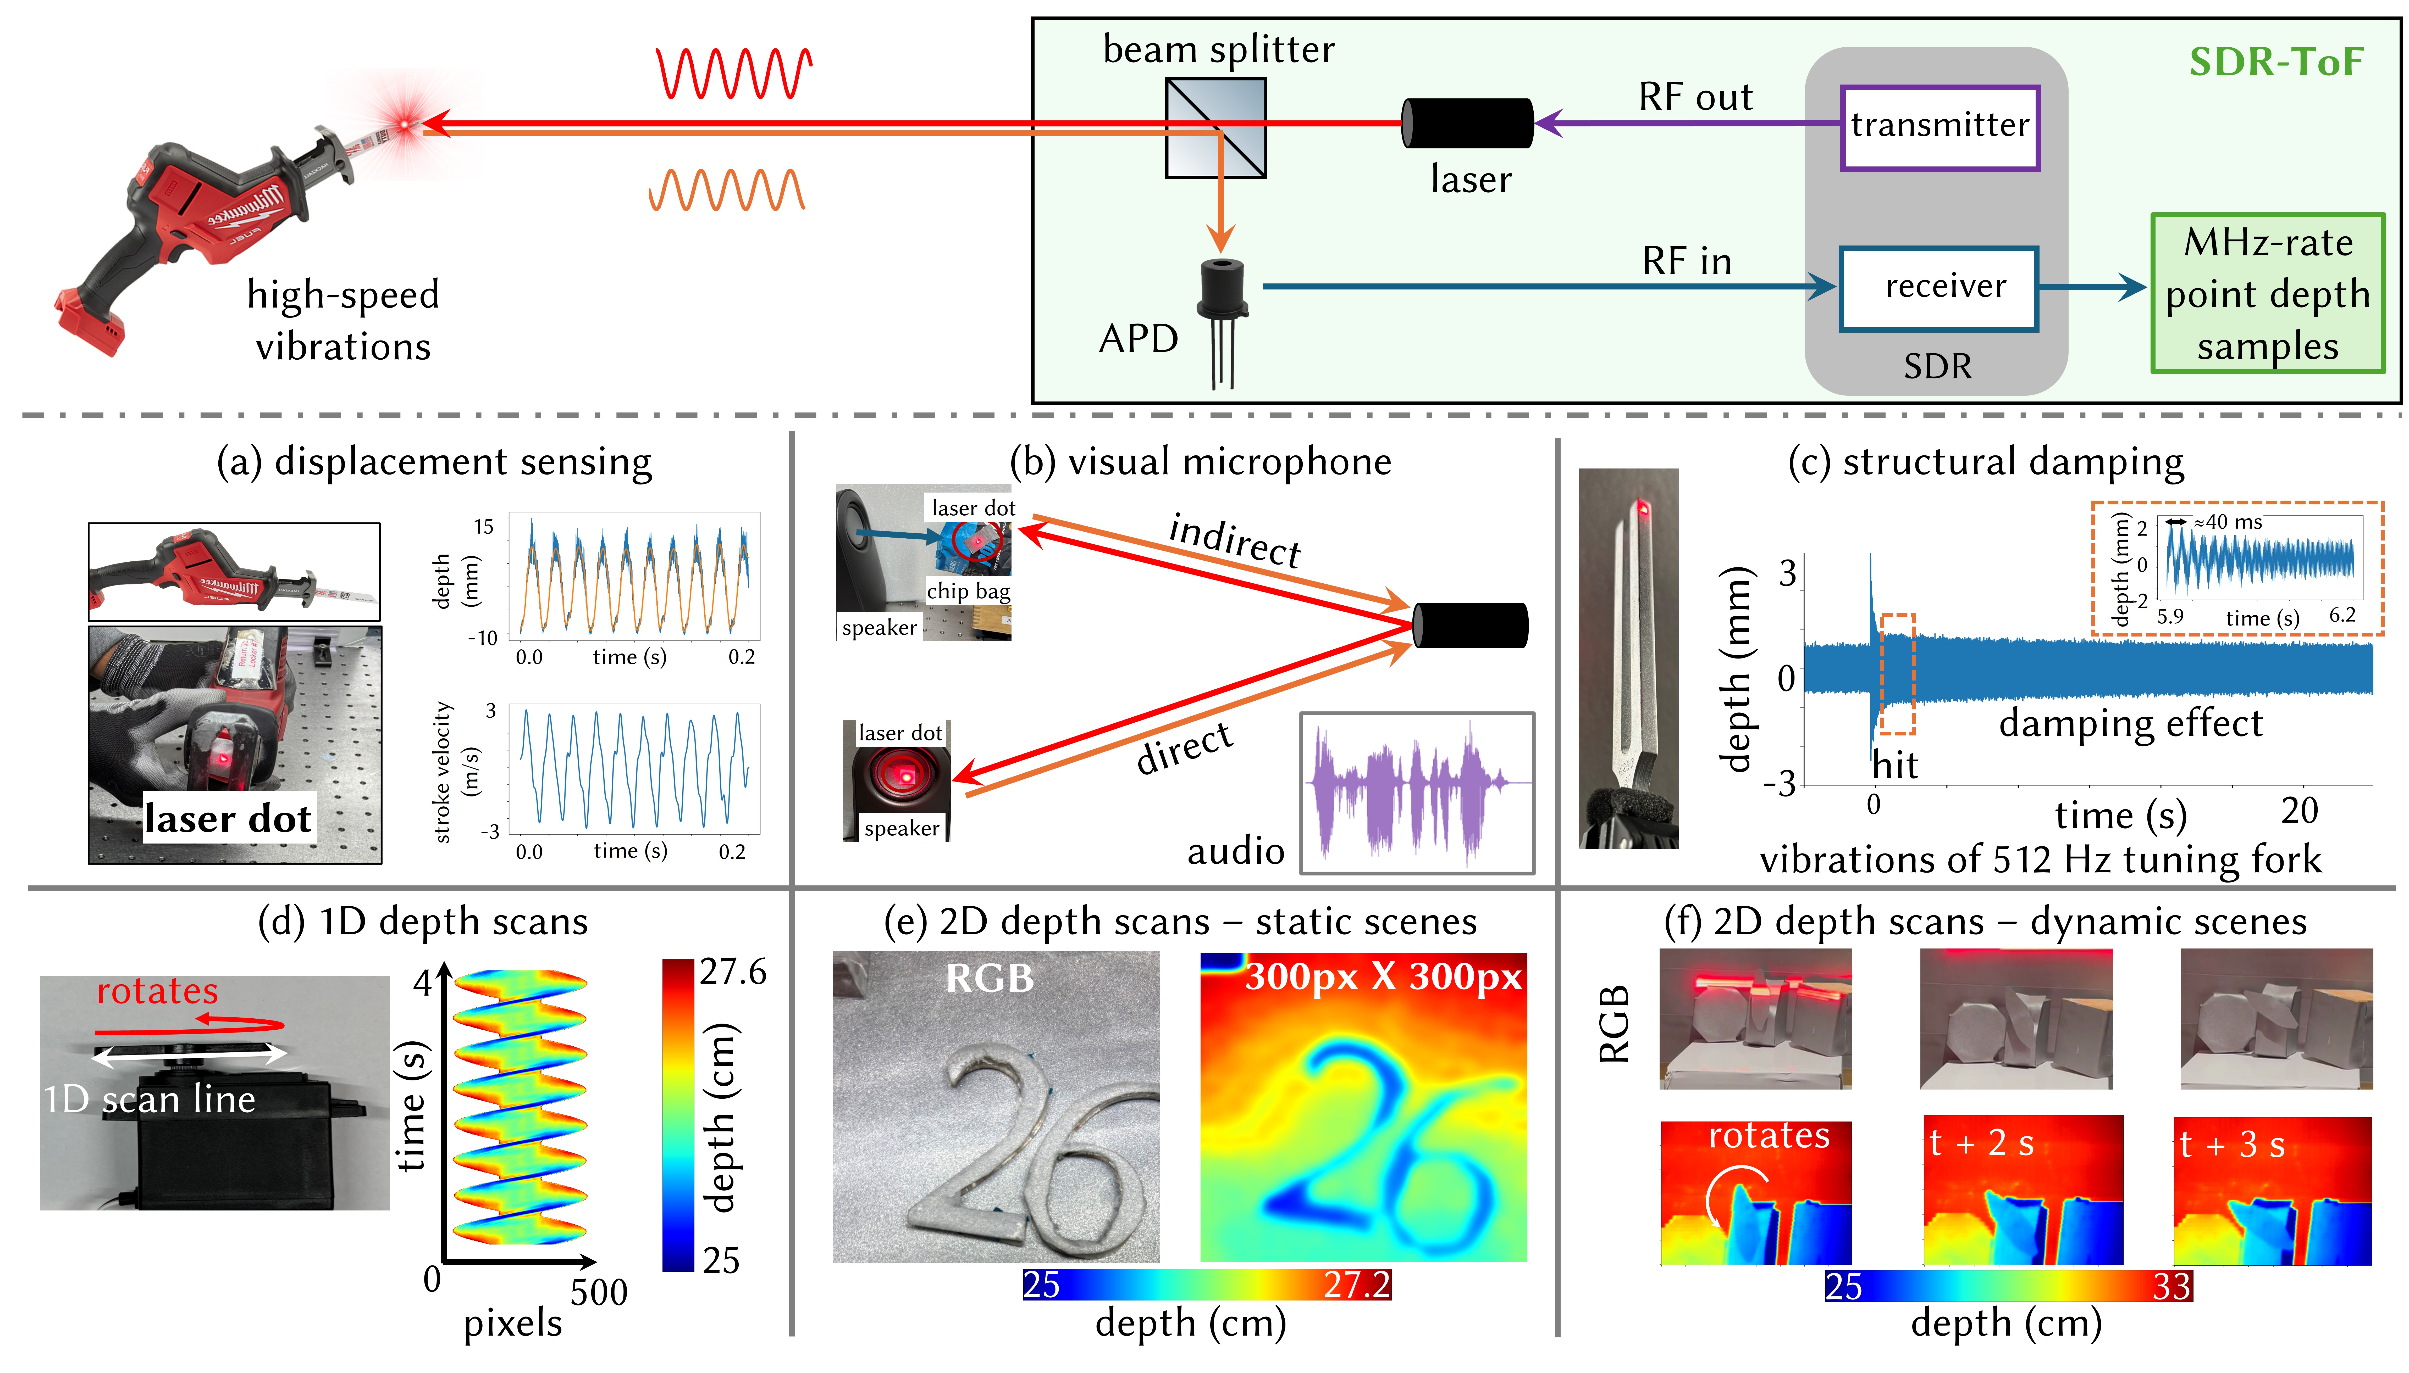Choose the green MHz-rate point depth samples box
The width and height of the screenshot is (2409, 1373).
pyautogui.click(x=2268, y=294)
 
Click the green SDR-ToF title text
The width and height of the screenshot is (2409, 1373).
pyautogui.click(x=2276, y=62)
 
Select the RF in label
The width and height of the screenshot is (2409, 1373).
pyautogui.click(x=1687, y=261)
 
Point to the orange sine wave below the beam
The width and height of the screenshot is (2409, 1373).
pyautogui.click(x=726, y=189)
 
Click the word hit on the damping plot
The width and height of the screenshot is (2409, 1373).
pyautogui.click(x=1895, y=765)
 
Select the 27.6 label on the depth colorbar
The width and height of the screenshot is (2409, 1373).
pyautogui.click(x=732, y=972)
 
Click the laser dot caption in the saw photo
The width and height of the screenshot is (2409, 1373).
pyautogui.click(x=227, y=818)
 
